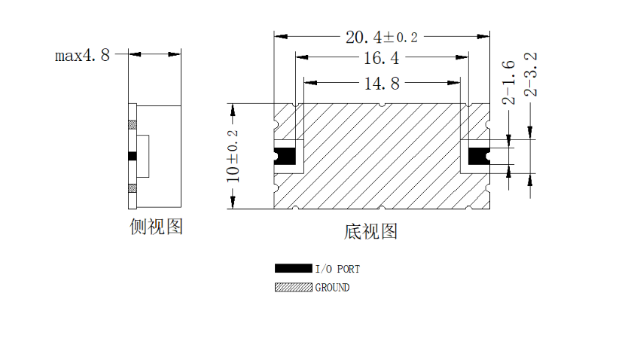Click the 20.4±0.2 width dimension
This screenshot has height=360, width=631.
click(382, 37)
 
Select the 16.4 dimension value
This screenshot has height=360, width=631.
click(382, 58)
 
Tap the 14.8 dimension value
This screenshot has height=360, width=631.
click(382, 84)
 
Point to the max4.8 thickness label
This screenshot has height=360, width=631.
click(82, 55)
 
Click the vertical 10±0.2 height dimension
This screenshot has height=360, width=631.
click(233, 156)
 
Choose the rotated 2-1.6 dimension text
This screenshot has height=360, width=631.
click(509, 83)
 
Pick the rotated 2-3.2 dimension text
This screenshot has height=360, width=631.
click(531, 75)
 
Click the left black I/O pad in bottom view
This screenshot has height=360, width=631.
click(285, 156)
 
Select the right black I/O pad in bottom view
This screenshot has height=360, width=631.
click(479, 156)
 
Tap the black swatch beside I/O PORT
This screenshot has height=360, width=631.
click(294, 268)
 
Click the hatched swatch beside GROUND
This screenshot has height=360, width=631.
click(294, 287)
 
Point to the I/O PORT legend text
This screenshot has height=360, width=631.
click(337, 269)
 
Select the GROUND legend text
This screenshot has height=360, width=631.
click(332, 288)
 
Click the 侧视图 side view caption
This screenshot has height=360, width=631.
click(156, 227)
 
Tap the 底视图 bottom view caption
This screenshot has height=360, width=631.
click(370, 231)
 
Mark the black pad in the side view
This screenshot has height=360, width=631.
click(133, 156)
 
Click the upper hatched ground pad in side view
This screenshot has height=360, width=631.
click(133, 124)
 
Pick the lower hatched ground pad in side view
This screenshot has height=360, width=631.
click(133, 188)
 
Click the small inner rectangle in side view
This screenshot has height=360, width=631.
click(143, 156)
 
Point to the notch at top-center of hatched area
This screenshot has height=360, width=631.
click(382, 105)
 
